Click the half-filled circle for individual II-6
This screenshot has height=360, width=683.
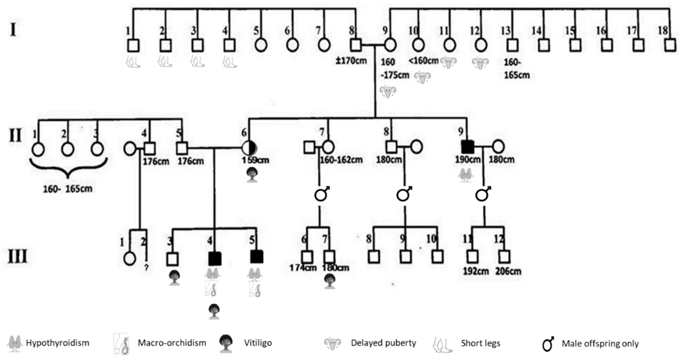(x=249, y=148)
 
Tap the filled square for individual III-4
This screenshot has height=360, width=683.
(x=215, y=259)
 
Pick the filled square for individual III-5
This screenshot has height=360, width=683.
(x=257, y=257)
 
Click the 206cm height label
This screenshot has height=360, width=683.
(x=508, y=271)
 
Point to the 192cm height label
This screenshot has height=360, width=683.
(x=476, y=271)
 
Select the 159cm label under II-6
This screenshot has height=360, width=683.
(x=255, y=160)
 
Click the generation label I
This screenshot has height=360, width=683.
(x=13, y=30)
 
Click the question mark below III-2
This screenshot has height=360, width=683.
(x=146, y=268)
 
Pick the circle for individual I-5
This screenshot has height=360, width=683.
(x=261, y=45)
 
